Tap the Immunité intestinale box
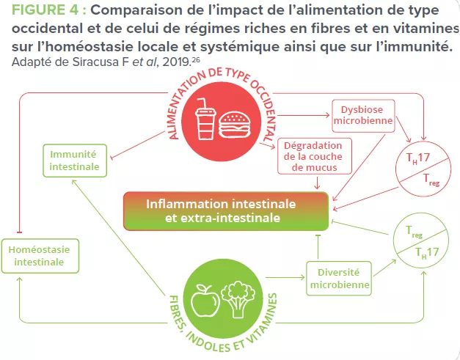point(73,160)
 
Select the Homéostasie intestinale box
point(39,255)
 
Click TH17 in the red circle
point(417,158)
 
